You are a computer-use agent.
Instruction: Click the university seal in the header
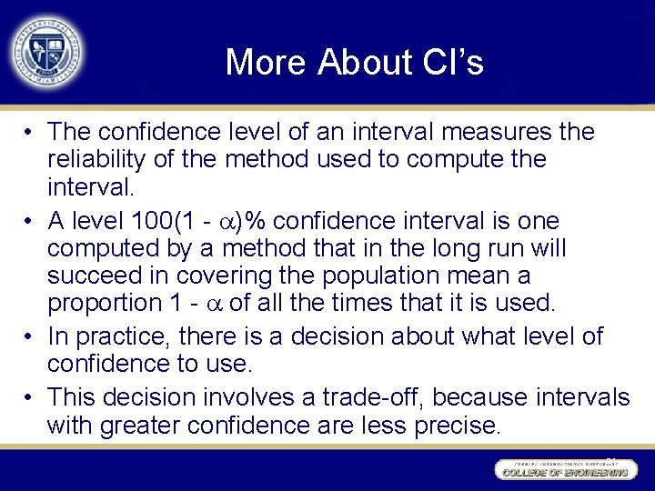45,50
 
